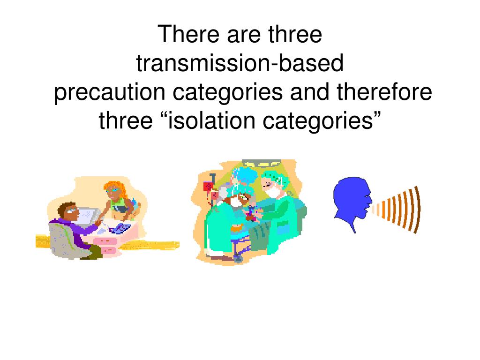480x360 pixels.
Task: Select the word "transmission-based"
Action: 240,64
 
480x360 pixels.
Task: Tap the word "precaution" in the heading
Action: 110,92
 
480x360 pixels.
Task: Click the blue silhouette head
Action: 351,199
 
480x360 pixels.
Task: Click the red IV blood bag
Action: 208,186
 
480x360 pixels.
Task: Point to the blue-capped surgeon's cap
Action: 246,175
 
